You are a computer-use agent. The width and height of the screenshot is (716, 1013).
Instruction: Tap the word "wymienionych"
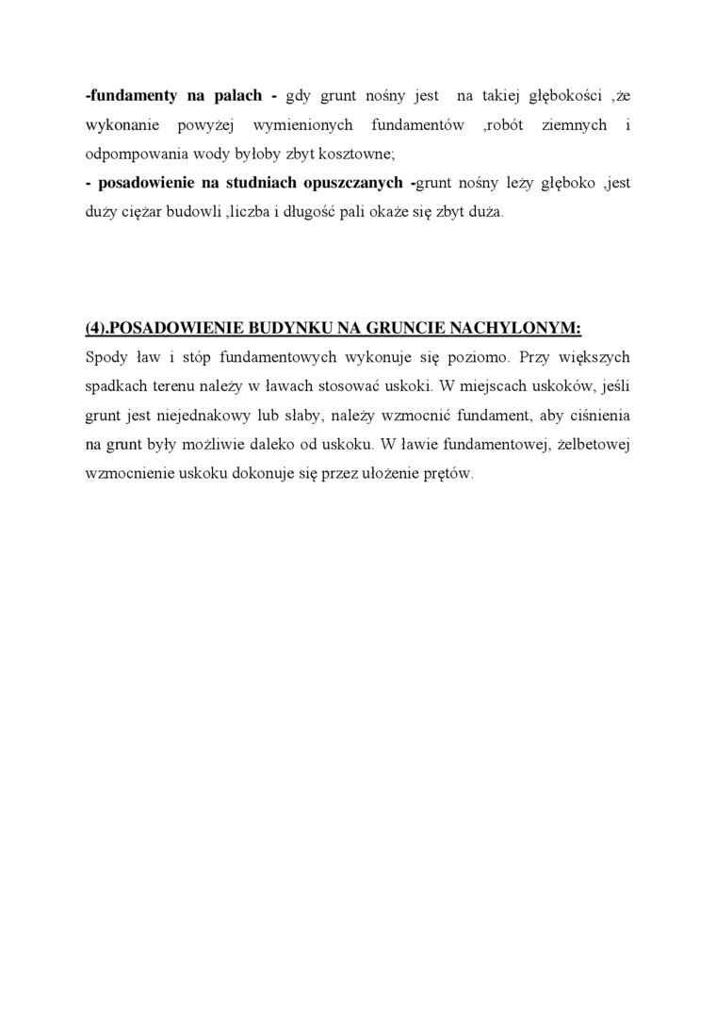point(307,125)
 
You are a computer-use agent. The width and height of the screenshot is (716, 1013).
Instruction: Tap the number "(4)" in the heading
point(97,328)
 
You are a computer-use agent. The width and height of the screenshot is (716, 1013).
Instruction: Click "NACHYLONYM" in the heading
point(516,328)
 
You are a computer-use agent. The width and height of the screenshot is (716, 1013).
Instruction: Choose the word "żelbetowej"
point(592,445)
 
